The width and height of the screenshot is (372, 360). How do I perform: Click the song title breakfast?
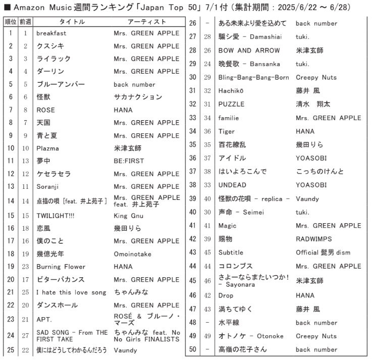coord(51,33)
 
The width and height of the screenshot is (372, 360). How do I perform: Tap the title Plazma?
coord(47,148)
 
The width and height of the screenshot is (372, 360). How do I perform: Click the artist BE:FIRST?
coord(129,161)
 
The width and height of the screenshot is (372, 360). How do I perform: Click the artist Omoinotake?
coord(132,254)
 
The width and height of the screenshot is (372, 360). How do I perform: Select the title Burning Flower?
coord(61,267)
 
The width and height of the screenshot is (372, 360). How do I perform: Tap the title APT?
coord(44,320)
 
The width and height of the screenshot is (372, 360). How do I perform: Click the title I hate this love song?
coord(71,292)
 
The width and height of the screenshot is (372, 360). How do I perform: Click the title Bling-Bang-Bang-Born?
coord(253,77)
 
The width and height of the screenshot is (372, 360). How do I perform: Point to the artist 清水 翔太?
coord(312,104)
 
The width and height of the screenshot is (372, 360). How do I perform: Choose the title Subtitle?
coord(231,252)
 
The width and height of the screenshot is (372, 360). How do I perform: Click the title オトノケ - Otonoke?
coord(251,336)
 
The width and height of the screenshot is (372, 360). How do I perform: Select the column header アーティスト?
coord(147,22)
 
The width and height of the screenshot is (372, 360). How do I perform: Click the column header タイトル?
coord(72,22)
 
